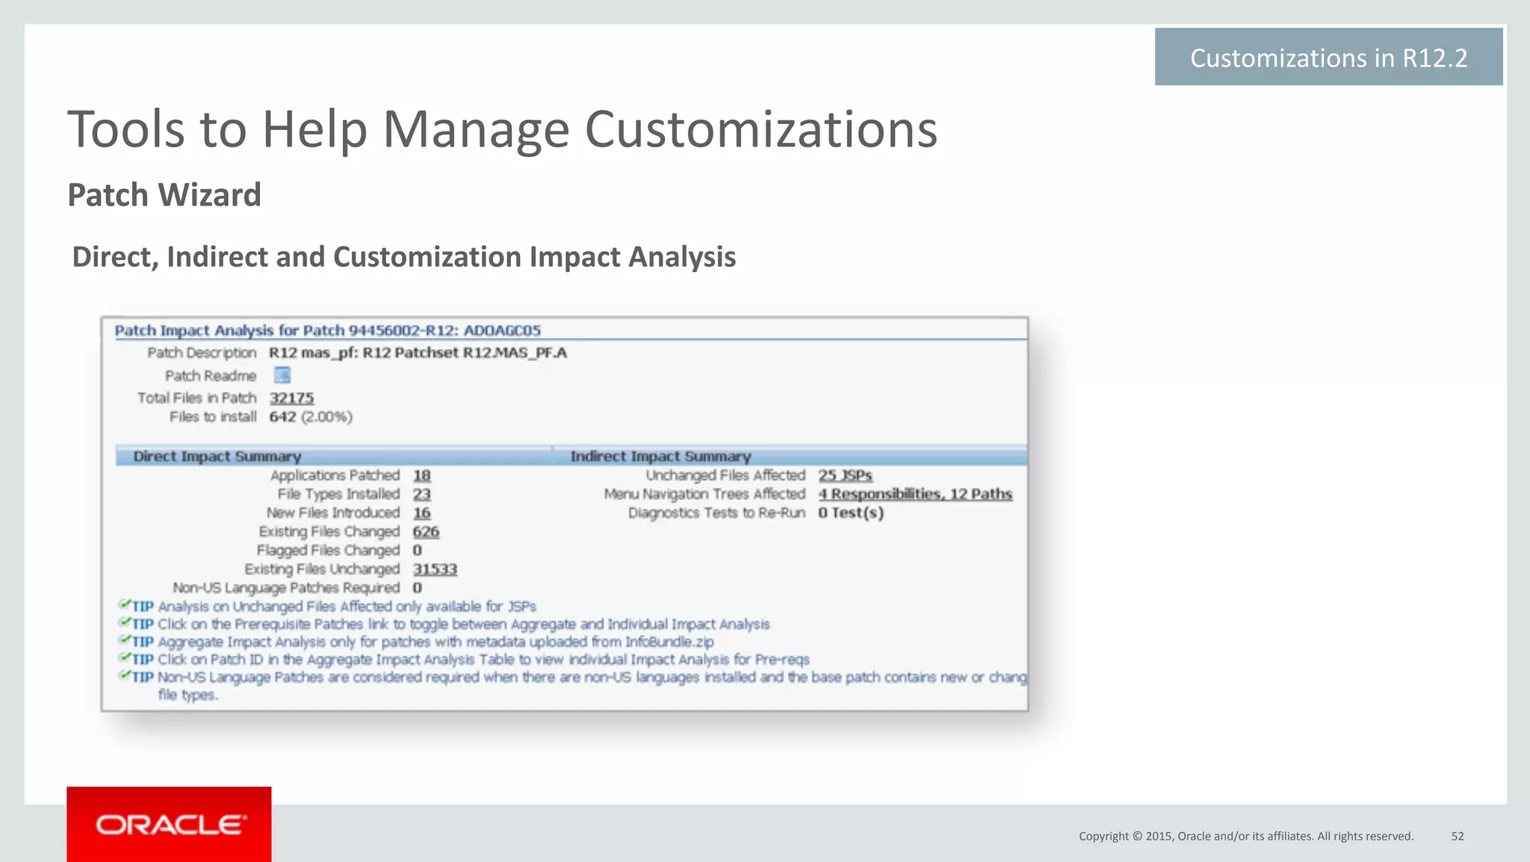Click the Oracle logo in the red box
[x=170, y=825]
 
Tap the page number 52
[x=1458, y=836]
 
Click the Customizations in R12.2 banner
[x=1328, y=58]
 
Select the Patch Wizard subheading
[x=164, y=195]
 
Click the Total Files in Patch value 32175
[x=291, y=398]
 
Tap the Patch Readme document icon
[x=282, y=375]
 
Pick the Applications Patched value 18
[x=421, y=475]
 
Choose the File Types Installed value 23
[x=421, y=494]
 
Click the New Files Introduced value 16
[x=421, y=513]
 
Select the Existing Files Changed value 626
[x=426, y=532]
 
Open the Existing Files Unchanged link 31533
[x=435, y=569]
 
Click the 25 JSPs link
[x=845, y=475]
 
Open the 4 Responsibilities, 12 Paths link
[x=915, y=494]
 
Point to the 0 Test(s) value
[x=851, y=513]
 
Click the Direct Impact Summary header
[x=217, y=456]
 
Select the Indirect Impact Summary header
[x=660, y=456]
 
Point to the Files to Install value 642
[x=282, y=416]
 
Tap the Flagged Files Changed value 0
[x=417, y=550]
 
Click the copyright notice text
[x=1245, y=836]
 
